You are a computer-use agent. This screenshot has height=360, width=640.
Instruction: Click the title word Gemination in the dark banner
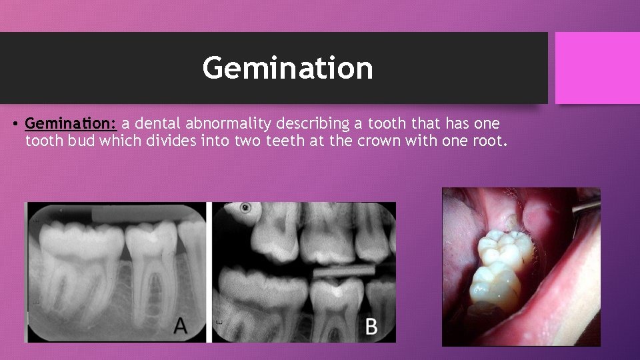click(287, 68)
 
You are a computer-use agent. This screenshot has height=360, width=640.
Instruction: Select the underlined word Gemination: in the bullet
click(71, 124)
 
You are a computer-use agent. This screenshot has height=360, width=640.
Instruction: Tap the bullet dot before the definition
click(15, 125)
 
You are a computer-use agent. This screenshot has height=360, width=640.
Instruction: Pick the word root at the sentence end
click(490, 141)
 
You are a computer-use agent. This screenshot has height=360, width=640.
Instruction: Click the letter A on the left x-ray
click(181, 325)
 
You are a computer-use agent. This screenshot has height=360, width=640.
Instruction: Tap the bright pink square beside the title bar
click(597, 68)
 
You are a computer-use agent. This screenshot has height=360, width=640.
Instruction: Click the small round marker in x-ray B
click(246, 208)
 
